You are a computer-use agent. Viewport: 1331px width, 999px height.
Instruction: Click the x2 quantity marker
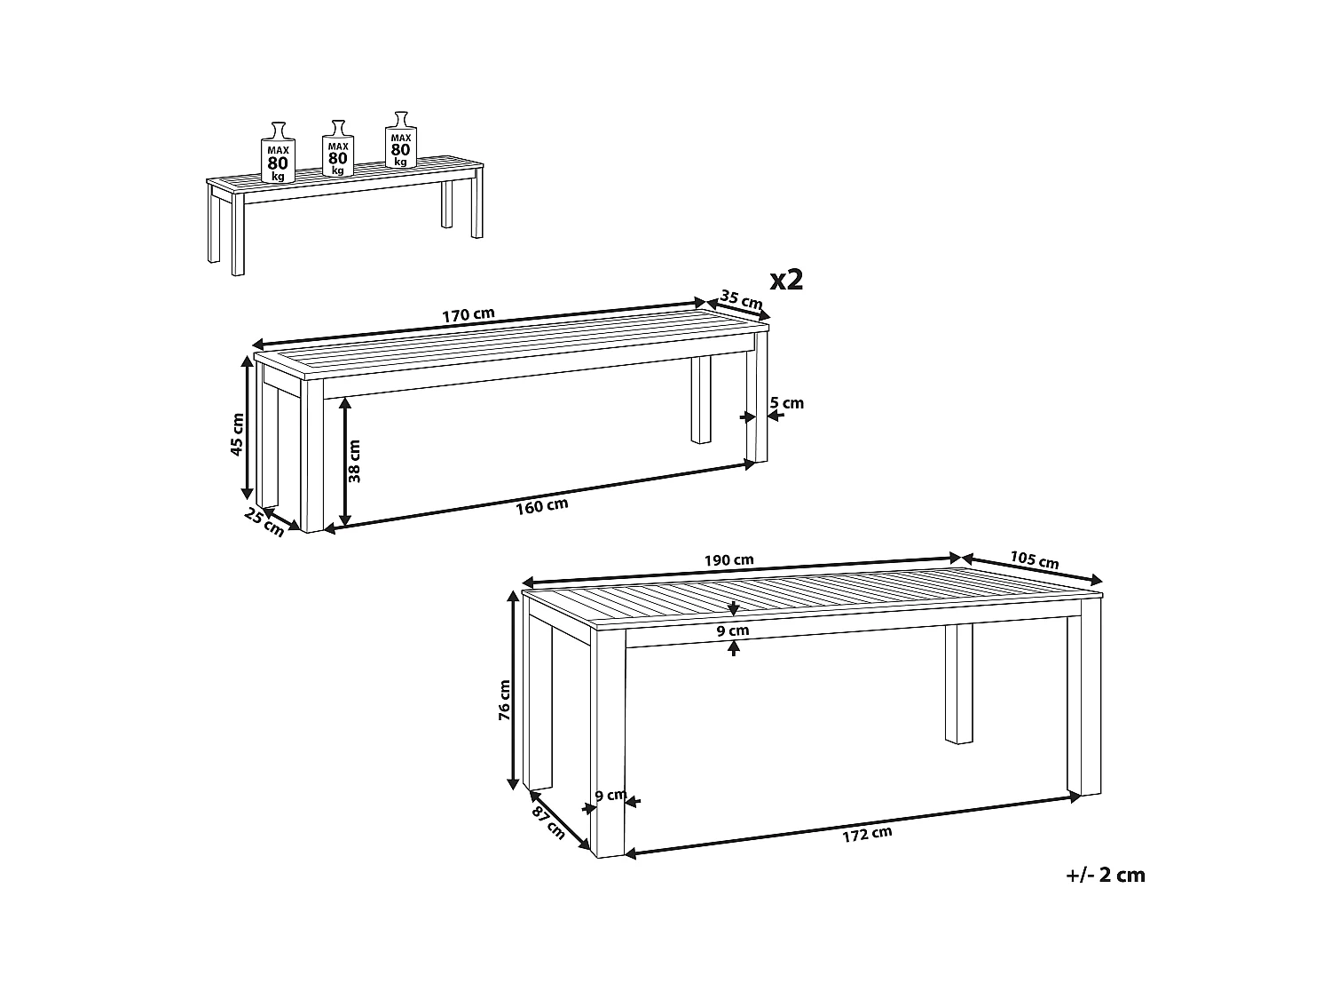point(786,281)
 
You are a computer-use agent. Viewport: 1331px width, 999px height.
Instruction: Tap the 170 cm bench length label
point(469,315)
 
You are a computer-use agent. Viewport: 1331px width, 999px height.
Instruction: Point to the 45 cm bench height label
point(237,434)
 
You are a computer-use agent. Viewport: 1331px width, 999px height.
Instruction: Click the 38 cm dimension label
point(355,461)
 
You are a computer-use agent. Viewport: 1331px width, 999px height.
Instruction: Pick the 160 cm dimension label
point(542,506)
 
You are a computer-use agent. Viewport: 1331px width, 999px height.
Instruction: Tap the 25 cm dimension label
point(264,523)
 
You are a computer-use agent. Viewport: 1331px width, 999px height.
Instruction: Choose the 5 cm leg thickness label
point(787,403)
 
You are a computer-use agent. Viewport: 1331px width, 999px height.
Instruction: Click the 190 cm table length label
point(729,559)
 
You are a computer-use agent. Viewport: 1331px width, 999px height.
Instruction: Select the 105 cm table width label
point(1035,559)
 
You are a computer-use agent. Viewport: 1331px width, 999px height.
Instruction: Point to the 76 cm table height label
point(504,700)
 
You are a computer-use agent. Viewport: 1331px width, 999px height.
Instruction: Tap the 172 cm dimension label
point(867,835)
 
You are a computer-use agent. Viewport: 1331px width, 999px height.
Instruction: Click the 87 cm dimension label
point(548,823)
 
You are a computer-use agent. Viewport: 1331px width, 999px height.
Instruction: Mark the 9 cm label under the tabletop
point(733,630)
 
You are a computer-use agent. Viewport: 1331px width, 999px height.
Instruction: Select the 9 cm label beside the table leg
point(610,795)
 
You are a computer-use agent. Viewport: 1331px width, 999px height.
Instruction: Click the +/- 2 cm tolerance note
point(1106,876)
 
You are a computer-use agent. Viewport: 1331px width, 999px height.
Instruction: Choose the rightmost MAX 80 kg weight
point(401,140)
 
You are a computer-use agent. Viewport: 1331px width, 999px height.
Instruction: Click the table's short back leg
point(958,685)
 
